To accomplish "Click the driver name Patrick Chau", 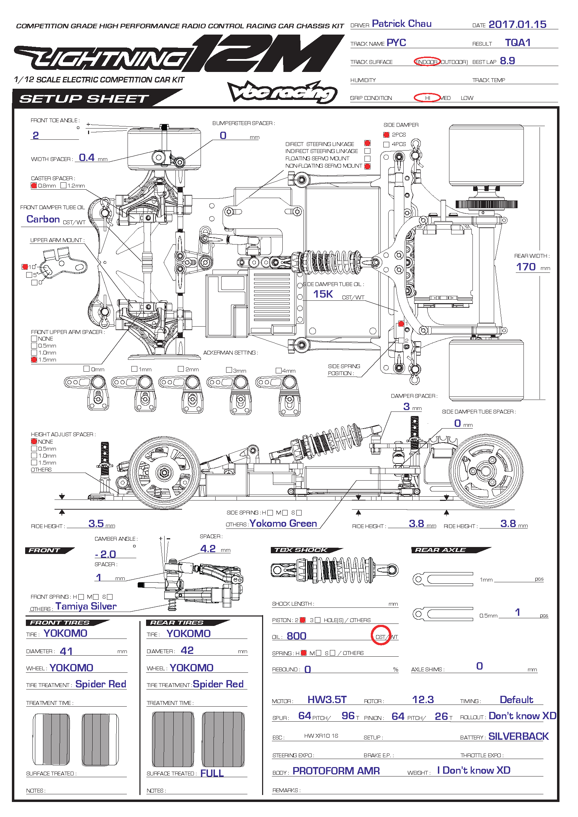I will [402, 24].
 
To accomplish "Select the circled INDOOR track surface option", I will [427, 62].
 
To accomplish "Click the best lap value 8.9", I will [507, 61].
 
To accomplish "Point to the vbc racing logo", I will [282, 93].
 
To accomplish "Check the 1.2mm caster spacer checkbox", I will [64, 185].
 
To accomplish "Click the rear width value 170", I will [526, 267].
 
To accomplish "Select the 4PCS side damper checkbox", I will [386, 145].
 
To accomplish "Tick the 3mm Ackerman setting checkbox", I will [229, 370].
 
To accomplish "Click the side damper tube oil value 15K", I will [323, 294].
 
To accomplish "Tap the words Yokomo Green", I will [283, 524].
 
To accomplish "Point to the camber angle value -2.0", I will [106, 554].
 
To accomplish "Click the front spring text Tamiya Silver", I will [86, 606].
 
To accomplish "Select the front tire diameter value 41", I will [66, 651].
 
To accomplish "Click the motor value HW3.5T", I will [327, 700].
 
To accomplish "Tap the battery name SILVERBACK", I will [518, 736].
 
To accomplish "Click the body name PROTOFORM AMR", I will [336, 771].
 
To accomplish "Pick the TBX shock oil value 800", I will [296, 636].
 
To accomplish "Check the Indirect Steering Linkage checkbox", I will [368, 151].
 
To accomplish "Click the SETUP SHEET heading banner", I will [84, 99].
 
